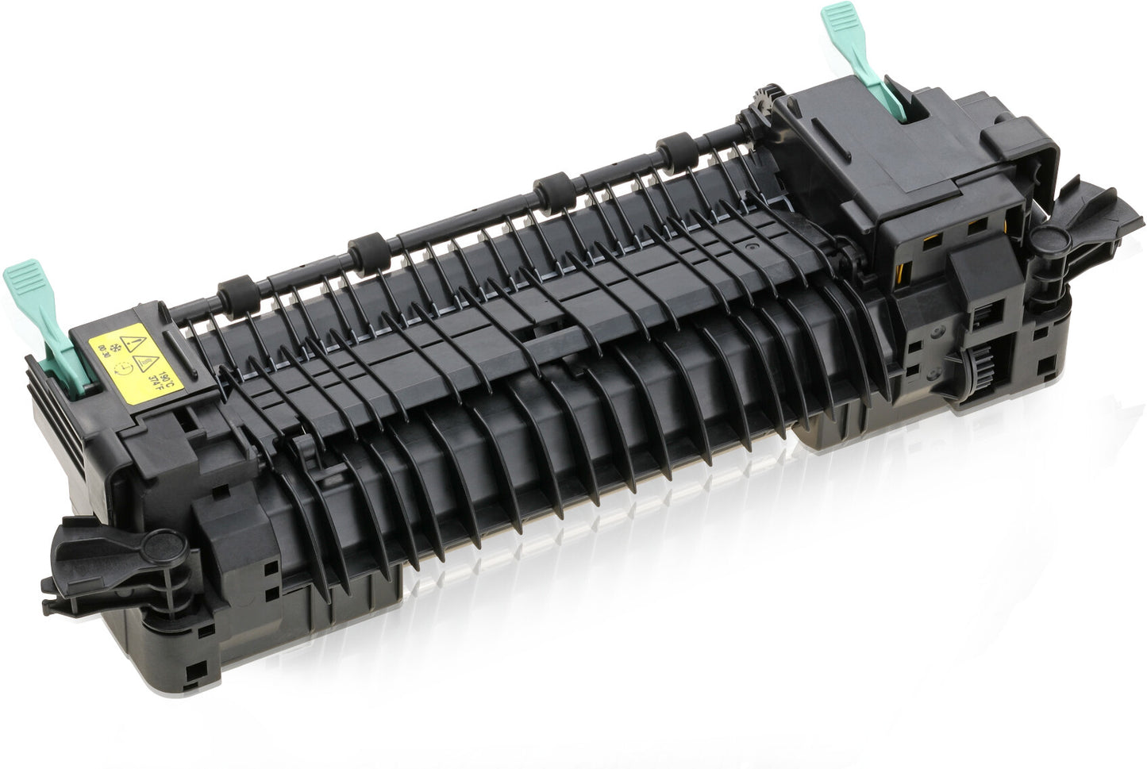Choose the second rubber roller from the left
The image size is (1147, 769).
(367, 247)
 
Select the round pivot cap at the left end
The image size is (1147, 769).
(164, 544)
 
